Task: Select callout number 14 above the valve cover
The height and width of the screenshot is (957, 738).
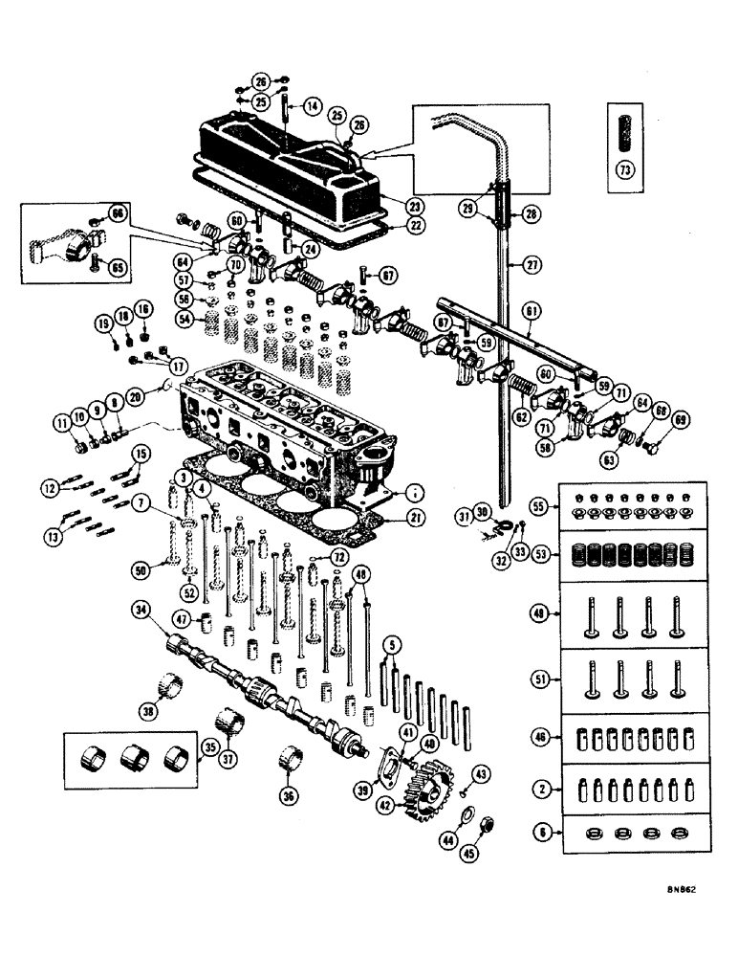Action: click(312, 104)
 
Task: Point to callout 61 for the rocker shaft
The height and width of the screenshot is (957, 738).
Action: click(532, 310)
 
